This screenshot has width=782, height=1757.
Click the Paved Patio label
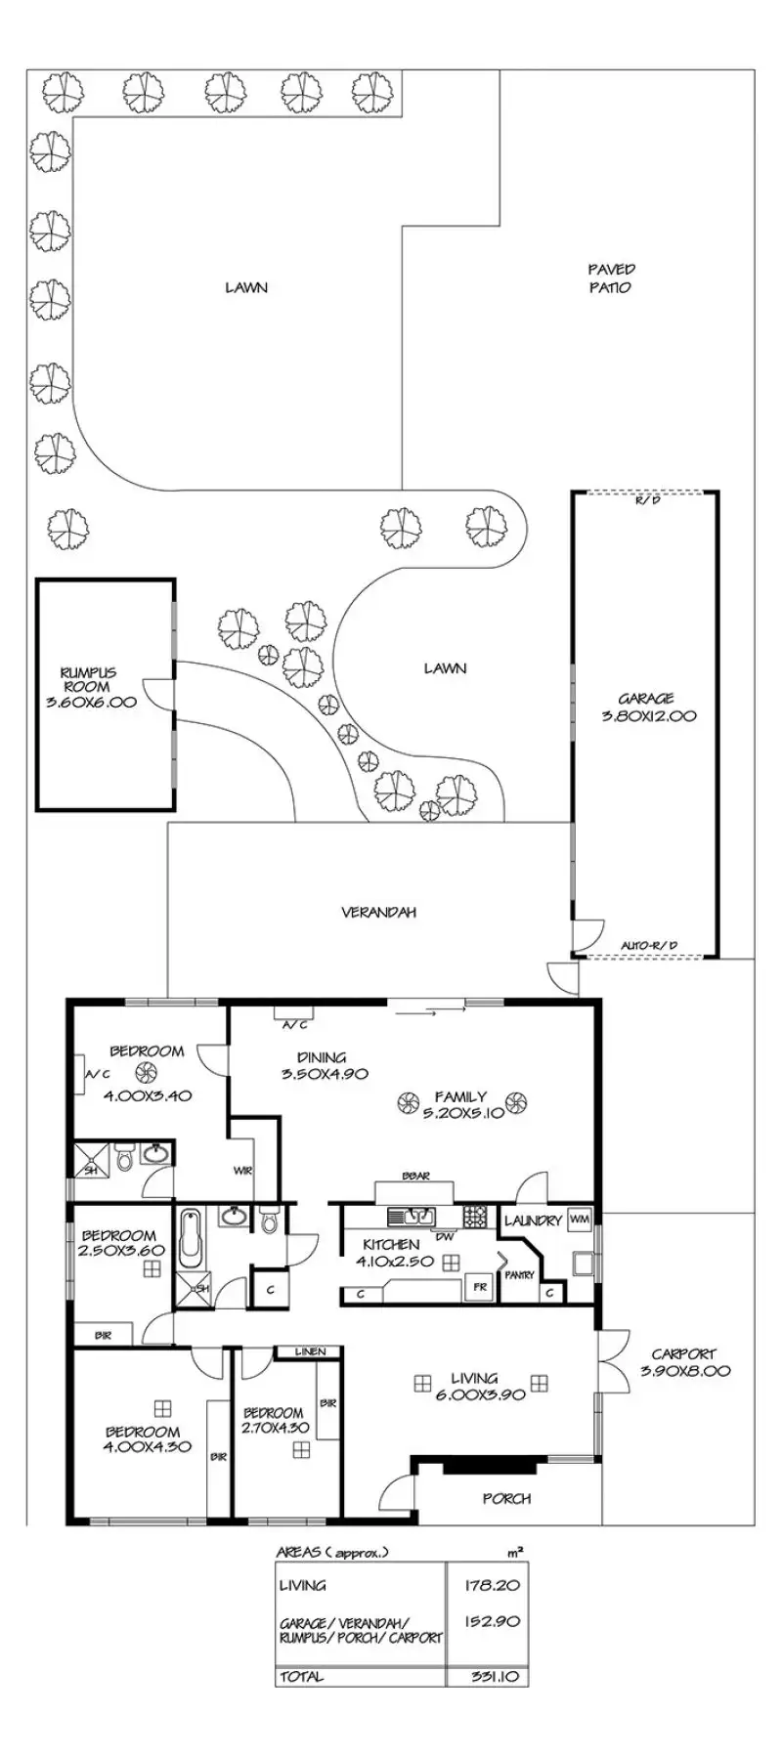[x=611, y=279]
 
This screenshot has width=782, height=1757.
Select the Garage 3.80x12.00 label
[x=646, y=707]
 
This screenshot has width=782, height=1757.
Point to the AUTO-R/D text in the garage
[x=650, y=945]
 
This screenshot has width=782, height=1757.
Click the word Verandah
[x=378, y=913]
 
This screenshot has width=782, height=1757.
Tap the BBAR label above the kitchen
[x=415, y=1177]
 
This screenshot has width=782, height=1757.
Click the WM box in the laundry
[x=579, y=1219]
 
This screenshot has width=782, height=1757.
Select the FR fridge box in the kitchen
[x=480, y=1287]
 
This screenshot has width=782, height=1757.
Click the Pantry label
[x=518, y=1274]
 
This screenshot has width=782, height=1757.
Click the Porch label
[x=506, y=1498]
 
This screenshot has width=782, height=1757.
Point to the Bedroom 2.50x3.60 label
[x=118, y=1243]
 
